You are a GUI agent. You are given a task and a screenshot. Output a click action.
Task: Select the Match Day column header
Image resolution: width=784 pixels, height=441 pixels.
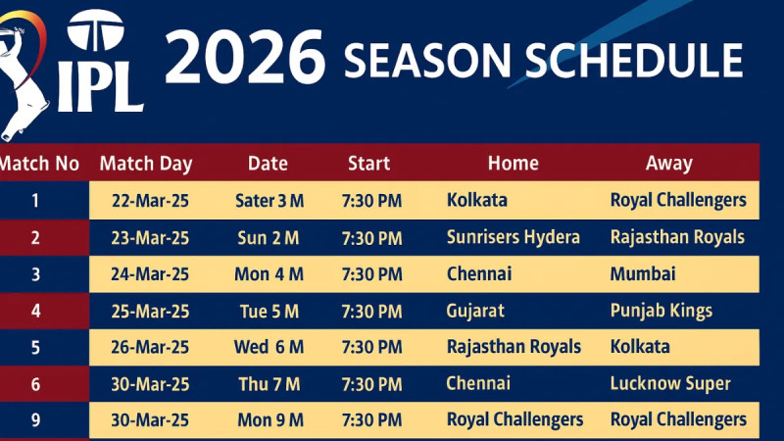click(146, 164)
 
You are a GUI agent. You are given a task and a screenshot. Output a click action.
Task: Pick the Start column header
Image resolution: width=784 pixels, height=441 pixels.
click(368, 164)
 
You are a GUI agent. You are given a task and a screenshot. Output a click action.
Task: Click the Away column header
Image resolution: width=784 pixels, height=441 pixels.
click(669, 164)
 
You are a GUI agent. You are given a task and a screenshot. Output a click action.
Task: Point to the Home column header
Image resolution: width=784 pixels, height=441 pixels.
click(513, 164)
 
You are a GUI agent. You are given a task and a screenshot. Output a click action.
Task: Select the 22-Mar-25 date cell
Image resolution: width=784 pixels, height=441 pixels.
click(150, 201)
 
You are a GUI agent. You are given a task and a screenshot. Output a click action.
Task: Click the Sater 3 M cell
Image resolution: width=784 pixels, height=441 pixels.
click(269, 201)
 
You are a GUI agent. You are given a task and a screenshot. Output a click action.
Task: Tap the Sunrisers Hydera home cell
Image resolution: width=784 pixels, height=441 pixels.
click(513, 237)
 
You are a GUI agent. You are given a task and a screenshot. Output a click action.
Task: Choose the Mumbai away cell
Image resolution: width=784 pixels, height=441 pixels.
click(643, 274)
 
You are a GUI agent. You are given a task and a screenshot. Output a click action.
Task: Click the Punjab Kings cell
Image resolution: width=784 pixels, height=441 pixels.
click(661, 312)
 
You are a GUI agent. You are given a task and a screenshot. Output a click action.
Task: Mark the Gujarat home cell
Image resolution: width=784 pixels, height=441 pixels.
click(475, 312)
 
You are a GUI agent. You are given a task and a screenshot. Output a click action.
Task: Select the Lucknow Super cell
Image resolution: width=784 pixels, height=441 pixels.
click(670, 383)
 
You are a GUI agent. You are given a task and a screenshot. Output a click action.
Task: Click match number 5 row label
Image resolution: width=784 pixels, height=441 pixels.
click(35, 348)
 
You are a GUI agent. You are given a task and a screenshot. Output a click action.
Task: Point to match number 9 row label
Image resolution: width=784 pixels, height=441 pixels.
click(35, 420)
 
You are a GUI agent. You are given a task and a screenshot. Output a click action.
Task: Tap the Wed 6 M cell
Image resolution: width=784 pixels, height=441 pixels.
click(269, 348)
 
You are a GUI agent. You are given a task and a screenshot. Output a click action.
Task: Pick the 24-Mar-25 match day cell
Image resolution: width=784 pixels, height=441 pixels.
click(150, 274)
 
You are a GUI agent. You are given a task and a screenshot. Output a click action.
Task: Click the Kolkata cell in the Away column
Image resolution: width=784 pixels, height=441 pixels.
click(640, 347)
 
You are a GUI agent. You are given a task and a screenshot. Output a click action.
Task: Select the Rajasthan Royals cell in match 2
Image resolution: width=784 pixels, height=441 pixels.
click(677, 237)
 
